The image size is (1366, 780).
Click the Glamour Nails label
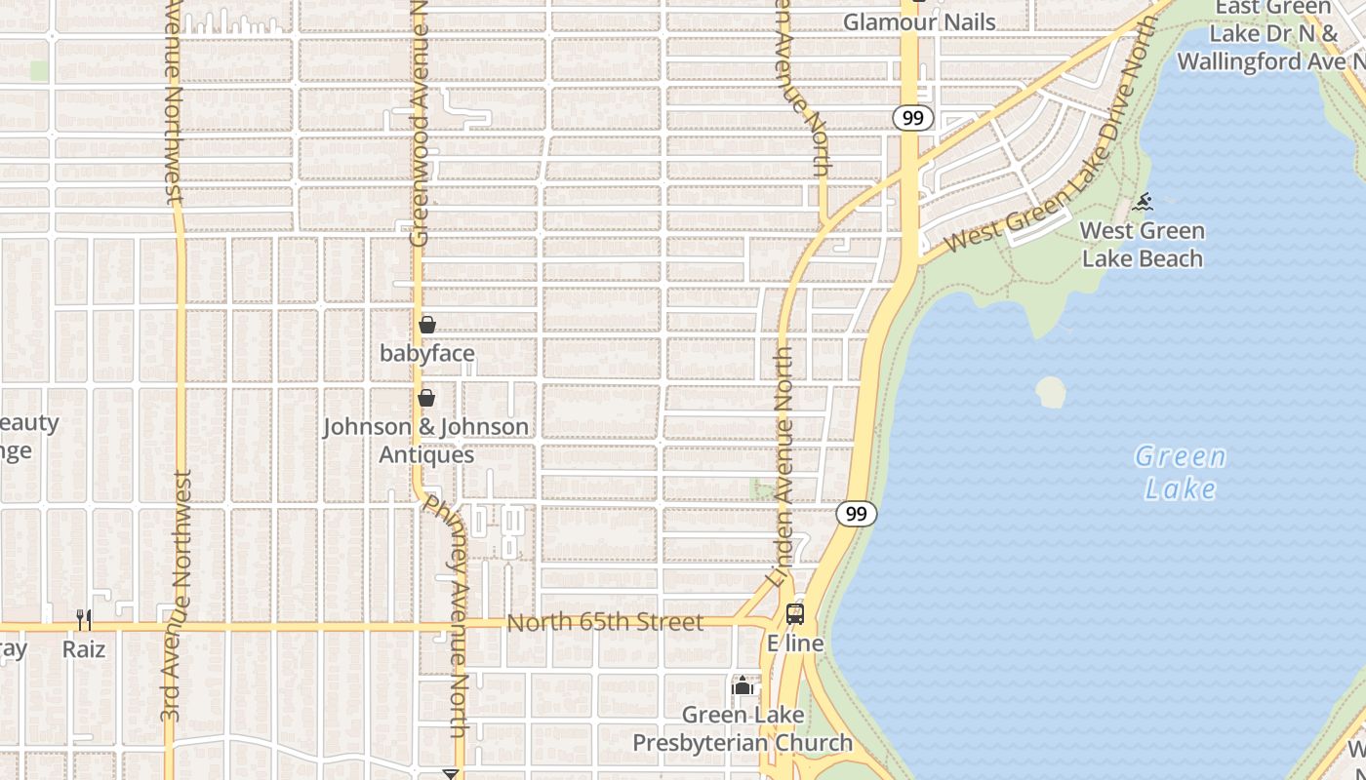(919, 22)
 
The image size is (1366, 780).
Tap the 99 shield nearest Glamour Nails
(912, 118)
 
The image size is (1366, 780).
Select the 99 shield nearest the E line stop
(856, 514)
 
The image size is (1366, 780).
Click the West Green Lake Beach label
(1143, 245)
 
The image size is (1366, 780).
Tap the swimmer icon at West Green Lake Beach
(1144, 203)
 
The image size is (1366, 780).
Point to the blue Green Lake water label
(1181, 472)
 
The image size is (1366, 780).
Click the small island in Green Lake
(1051, 392)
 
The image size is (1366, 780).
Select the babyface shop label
(427, 353)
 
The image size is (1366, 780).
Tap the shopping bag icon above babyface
(427, 325)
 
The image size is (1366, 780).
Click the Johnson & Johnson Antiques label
(426, 441)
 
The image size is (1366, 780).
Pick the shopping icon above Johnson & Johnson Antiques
(426, 398)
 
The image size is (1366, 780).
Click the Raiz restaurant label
(84, 648)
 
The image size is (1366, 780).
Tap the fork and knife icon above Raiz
(84, 619)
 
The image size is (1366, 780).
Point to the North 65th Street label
(605, 622)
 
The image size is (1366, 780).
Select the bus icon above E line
(795, 614)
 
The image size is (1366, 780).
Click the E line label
(795, 643)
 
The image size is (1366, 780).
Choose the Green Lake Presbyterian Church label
(743, 728)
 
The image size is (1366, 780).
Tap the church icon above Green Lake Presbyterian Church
(743, 686)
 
